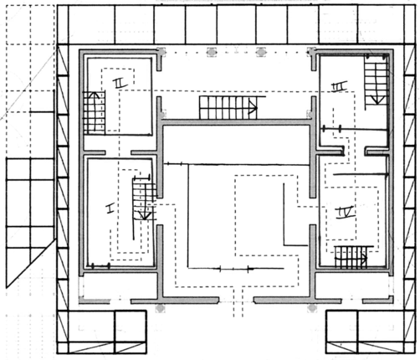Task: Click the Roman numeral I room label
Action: pos(110,208)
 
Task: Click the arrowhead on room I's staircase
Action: pos(145,216)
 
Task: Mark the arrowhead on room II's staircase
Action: pos(95,95)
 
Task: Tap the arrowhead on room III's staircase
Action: pos(377,100)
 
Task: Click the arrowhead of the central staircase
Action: pos(254,108)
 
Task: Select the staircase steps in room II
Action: pos(94,113)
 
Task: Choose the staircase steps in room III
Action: pos(376,83)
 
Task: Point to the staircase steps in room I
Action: pos(143,198)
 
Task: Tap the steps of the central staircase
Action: pos(228,108)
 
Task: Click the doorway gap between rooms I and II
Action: pos(118,152)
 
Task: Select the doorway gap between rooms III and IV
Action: pos(355,152)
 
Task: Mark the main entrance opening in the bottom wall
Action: pos(236,301)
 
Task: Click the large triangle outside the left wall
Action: pos(31,263)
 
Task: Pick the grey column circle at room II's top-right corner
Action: pos(161,52)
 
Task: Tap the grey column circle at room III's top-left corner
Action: pos(311,51)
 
